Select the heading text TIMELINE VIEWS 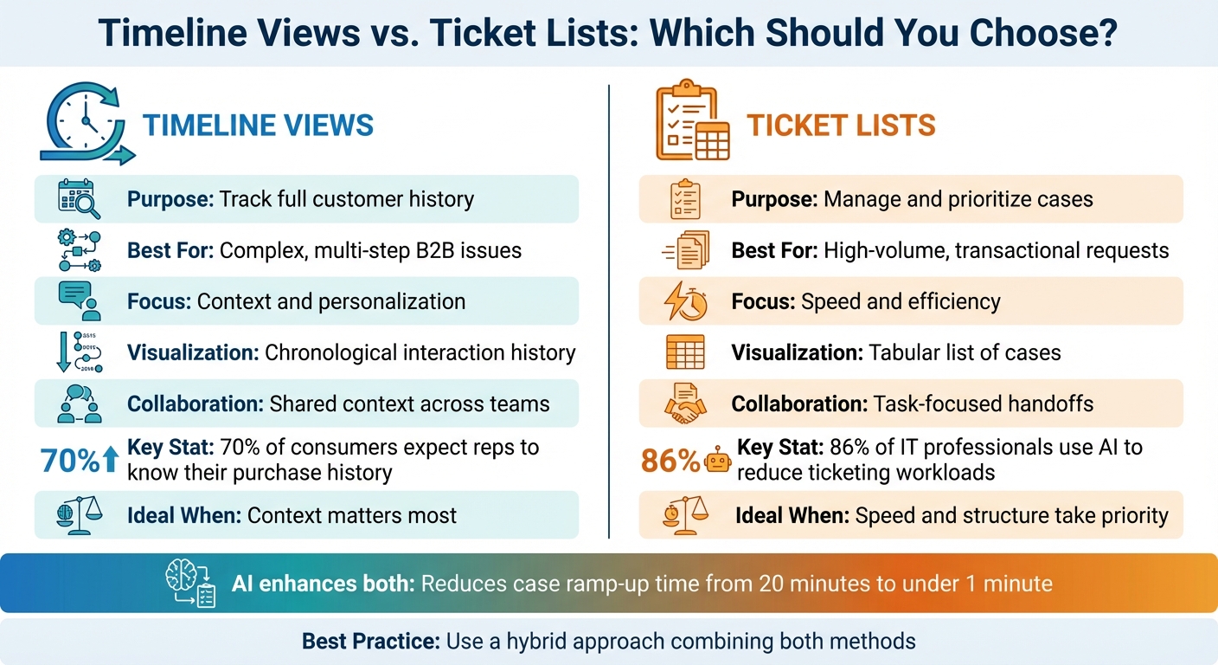(x=258, y=125)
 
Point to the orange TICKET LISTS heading (x=841, y=126)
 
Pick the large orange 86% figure (x=670, y=461)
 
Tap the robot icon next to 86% (x=718, y=461)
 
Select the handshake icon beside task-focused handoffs (x=685, y=404)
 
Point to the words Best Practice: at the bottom (x=370, y=642)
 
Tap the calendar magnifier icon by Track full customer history (x=79, y=199)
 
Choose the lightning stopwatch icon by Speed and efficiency (x=685, y=301)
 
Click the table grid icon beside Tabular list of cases (x=685, y=352)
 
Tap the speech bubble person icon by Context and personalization (x=79, y=301)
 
